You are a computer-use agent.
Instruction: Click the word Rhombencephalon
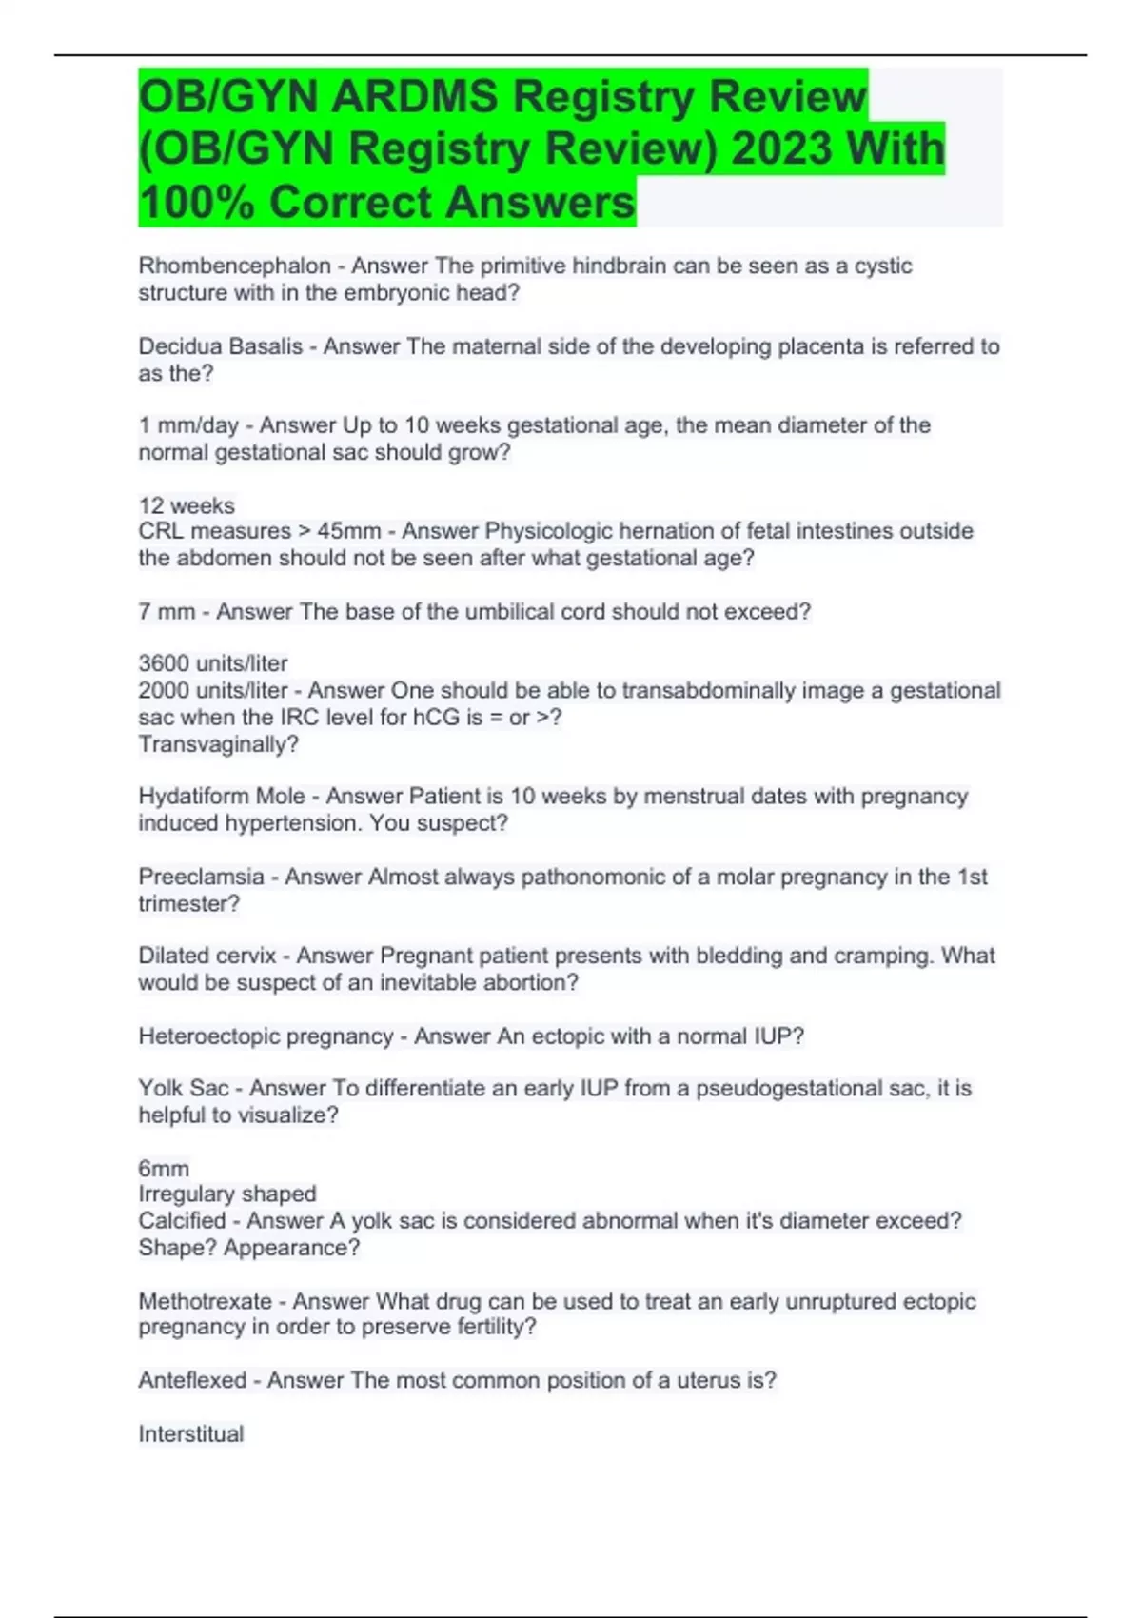tap(234, 266)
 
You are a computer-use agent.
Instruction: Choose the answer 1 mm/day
tap(188, 425)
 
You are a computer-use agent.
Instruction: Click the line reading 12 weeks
tap(187, 505)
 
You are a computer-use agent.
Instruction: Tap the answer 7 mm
tap(167, 611)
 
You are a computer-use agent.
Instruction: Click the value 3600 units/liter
tap(213, 663)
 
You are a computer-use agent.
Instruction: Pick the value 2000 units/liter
tap(213, 690)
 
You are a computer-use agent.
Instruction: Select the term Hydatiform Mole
tap(222, 796)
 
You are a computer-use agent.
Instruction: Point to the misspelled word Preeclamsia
tap(201, 877)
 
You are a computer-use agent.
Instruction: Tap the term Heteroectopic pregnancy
tap(266, 1036)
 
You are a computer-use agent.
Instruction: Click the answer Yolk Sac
tap(183, 1088)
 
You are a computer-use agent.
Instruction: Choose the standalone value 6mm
tap(164, 1169)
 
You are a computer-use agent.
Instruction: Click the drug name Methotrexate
tap(205, 1301)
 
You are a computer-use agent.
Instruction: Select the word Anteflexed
tap(192, 1380)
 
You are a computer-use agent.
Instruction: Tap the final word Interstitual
tap(191, 1434)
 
